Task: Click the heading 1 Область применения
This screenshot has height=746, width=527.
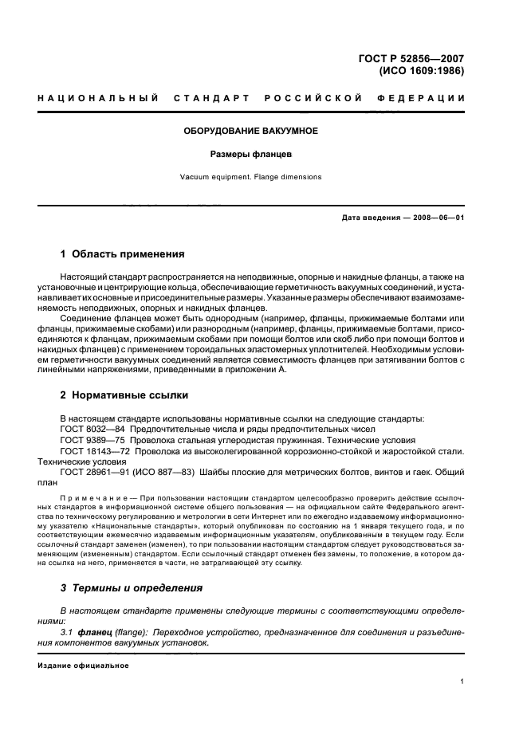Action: pyautogui.click(x=123, y=254)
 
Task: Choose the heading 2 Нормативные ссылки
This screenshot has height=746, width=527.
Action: pyautogui.click(x=125, y=395)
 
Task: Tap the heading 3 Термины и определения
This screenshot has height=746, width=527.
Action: pyautogui.click(x=132, y=587)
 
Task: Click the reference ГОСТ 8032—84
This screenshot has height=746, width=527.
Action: pyautogui.click(x=91, y=429)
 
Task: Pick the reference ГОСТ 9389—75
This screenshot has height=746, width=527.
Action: pyautogui.click(x=91, y=440)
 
